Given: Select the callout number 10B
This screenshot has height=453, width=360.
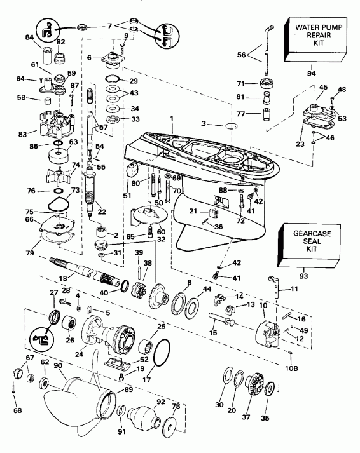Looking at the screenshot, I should (292, 368).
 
